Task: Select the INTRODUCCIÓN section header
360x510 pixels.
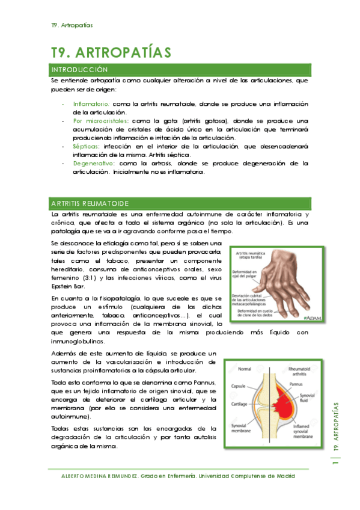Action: (x=80, y=70)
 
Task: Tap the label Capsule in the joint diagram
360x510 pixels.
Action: (x=234, y=386)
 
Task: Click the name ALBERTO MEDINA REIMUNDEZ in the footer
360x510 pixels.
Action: (x=99, y=476)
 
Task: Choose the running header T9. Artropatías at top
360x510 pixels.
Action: (x=72, y=25)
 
